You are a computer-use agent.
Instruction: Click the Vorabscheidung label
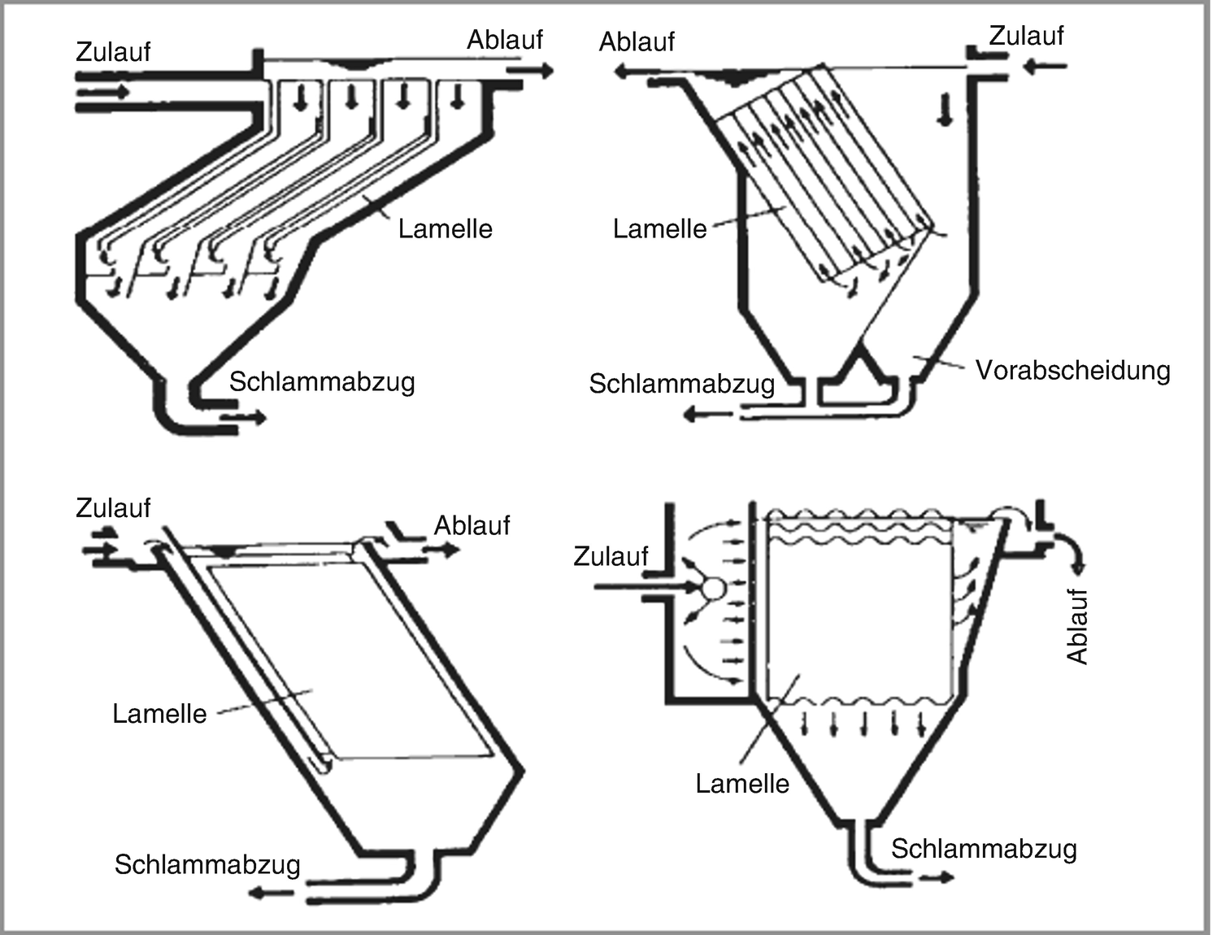pos(1072,371)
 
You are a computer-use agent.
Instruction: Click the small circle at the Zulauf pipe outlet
pos(713,587)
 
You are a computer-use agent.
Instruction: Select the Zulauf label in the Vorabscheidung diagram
pos(1026,37)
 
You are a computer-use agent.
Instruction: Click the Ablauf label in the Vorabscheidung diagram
pos(636,41)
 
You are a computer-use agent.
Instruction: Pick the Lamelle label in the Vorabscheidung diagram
pos(659,229)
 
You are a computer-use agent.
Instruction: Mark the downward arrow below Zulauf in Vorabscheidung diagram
pos(944,110)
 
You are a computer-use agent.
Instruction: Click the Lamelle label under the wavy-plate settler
pos(741,784)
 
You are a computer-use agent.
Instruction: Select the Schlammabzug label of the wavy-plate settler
pos(984,849)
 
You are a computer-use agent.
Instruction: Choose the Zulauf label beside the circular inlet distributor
pos(611,556)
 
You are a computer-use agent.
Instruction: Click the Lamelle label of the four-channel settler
pos(445,228)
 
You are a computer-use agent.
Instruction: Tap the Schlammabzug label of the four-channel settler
pos(322,381)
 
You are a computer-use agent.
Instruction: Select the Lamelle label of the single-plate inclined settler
pos(159,714)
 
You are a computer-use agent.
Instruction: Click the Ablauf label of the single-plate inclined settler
pos(472,525)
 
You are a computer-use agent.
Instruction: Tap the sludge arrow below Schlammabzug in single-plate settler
pos(271,893)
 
